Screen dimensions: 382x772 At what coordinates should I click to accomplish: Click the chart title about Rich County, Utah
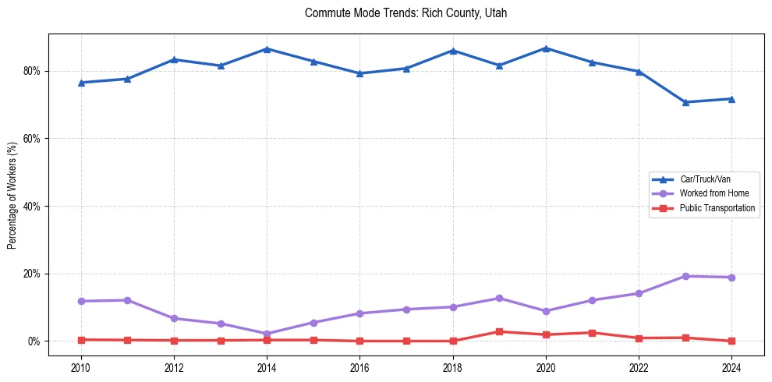coord(406,13)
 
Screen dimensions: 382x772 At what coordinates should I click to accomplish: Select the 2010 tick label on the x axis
coord(80,367)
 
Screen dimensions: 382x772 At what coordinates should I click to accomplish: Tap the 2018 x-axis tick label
coord(453,367)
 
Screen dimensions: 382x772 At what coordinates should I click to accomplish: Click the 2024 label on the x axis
coord(731,367)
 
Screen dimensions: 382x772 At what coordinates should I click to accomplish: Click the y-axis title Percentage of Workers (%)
coord(12,196)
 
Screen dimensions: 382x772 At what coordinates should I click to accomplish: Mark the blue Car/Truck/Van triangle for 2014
coord(267,49)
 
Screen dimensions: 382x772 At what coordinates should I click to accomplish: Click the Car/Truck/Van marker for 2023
coord(685,102)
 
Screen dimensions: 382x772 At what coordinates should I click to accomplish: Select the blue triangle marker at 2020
coord(546,48)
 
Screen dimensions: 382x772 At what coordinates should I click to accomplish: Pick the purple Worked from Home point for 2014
coord(267,334)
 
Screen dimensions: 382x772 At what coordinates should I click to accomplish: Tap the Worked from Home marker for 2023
coord(685,276)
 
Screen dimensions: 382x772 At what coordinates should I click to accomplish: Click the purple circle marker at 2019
coord(499,298)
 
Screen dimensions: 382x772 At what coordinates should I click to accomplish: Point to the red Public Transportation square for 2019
coord(499,331)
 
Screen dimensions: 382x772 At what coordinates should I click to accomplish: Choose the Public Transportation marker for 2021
coord(592,333)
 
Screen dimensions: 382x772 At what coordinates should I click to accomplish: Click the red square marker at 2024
coord(731,341)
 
